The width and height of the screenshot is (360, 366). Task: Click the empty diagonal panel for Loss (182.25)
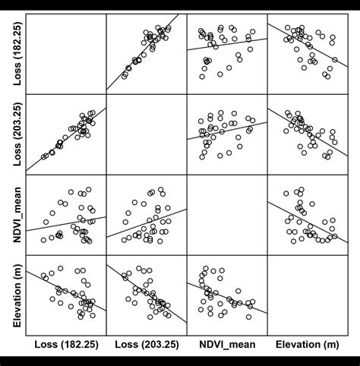[x=66, y=52]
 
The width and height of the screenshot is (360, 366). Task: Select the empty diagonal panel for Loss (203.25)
[x=147, y=133]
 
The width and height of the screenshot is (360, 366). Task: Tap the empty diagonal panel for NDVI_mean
[x=226, y=214]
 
